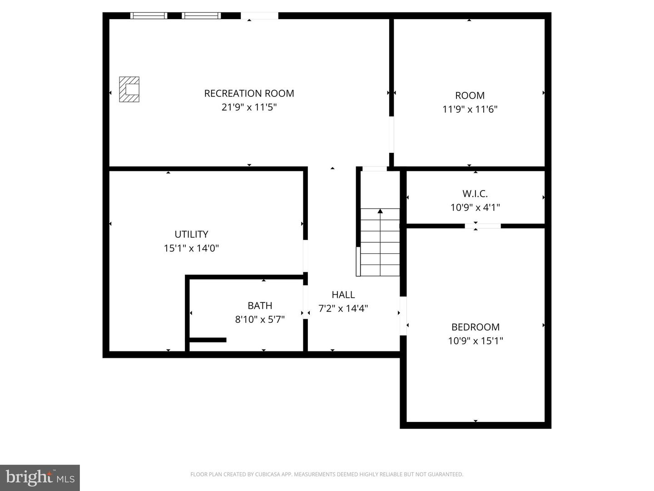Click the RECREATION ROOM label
click(x=249, y=93)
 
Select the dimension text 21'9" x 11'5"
click(x=249, y=107)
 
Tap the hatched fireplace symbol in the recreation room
click(x=129, y=89)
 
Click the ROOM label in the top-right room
click(x=470, y=95)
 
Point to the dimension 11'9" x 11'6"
click(x=470, y=109)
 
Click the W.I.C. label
click(x=475, y=194)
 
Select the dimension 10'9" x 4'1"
click(x=475, y=207)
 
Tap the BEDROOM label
click(x=475, y=327)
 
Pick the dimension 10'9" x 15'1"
click(x=475, y=341)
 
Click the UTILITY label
click(x=191, y=234)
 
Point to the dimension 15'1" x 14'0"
click(x=191, y=248)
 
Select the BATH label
click(x=260, y=306)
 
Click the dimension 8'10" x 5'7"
click(x=260, y=319)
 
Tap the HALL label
click(x=343, y=295)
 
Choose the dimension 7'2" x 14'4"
click(x=343, y=308)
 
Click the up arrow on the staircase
click(x=380, y=211)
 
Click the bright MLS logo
click(x=40, y=477)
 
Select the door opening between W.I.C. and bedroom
click(x=482, y=226)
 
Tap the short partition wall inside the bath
click(x=208, y=340)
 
